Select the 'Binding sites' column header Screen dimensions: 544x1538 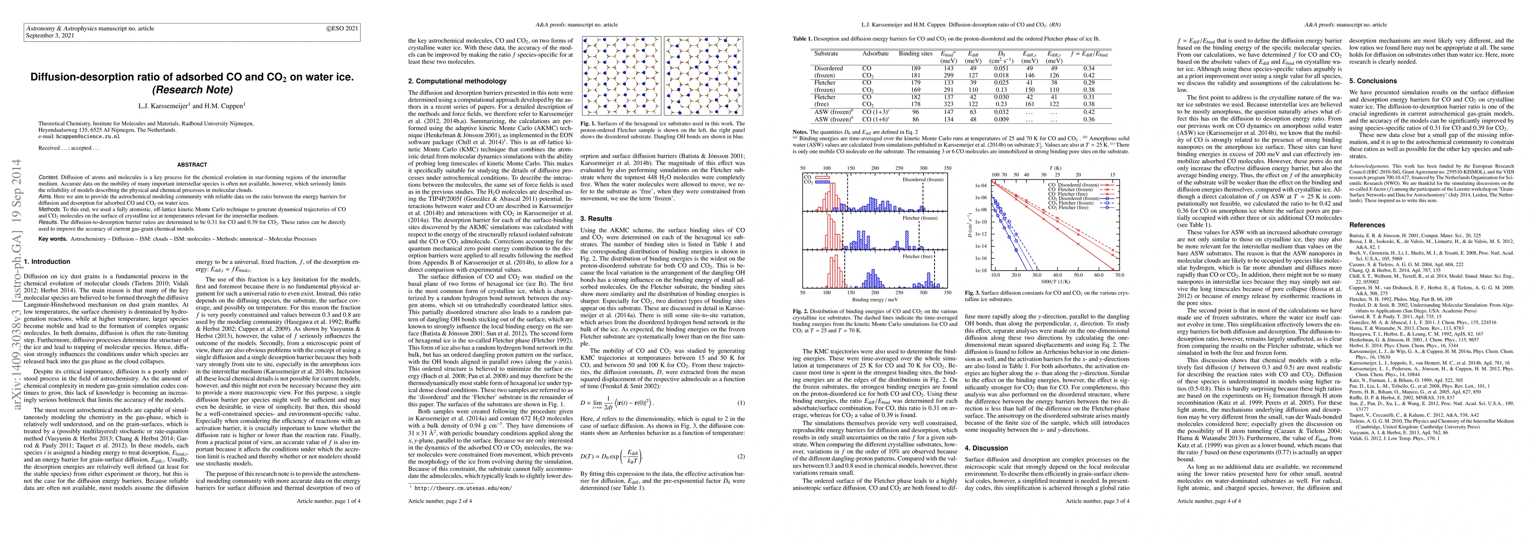(x=916, y=53)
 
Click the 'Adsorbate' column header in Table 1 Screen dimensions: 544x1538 (x=875, y=53)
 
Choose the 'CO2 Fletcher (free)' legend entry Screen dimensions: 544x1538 (x=1076, y=208)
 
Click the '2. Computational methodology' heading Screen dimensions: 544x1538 (x=458, y=81)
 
